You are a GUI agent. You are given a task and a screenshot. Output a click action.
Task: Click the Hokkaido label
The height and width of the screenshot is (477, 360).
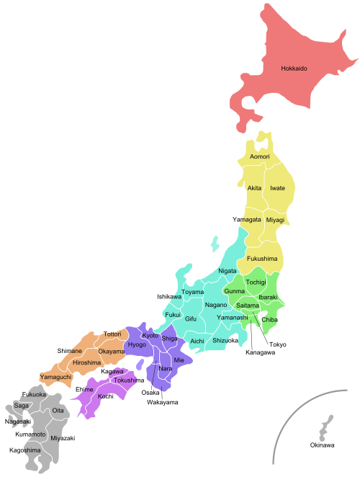[294, 69]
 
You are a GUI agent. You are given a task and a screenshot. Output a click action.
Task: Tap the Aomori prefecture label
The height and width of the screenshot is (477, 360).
[260, 156]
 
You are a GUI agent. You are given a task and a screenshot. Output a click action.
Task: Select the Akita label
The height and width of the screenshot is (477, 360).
[254, 188]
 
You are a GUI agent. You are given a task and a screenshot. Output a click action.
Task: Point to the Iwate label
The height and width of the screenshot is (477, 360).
[277, 188]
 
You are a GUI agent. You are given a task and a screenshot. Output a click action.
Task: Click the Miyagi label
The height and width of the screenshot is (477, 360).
[275, 220]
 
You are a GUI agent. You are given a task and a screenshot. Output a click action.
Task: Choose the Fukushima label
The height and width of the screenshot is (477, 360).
[262, 258]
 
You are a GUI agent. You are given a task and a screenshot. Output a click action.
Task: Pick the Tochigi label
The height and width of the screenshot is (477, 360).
[256, 282]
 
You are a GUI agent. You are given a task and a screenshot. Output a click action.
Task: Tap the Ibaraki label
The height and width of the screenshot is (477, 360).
[268, 297]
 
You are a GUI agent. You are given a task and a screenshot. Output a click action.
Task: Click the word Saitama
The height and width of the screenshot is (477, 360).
[248, 306]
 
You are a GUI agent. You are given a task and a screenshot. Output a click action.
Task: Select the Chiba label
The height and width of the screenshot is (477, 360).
[269, 319]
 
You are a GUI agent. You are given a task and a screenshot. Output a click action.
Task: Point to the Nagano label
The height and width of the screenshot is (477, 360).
[216, 305]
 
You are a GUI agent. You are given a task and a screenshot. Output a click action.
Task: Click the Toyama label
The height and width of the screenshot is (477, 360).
[192, 293]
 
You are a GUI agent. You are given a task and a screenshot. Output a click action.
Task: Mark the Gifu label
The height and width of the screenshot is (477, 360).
[191, 318]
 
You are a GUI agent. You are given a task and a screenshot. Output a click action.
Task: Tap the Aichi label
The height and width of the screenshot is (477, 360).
[197, 341]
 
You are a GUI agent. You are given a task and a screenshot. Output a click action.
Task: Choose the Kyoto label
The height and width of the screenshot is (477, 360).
[150, 336]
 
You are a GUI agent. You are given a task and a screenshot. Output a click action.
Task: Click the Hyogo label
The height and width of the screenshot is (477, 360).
[137, 345]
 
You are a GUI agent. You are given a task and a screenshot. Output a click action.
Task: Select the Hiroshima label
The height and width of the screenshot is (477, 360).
[86, 362]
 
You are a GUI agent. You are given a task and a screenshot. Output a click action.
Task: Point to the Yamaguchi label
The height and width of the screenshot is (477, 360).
[55, 377]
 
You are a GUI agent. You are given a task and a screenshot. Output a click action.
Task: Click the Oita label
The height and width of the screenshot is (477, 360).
[58, 411]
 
